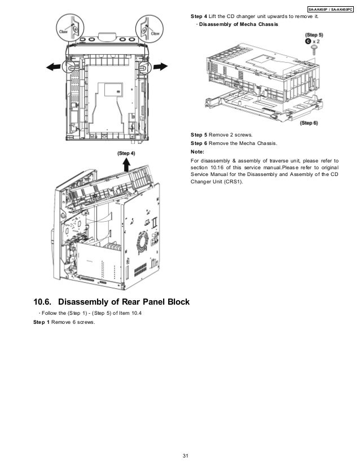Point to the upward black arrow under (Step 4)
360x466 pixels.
coord(126,164)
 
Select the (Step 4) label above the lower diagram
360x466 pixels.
coord(126,153)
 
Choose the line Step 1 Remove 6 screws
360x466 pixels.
coord(65,322)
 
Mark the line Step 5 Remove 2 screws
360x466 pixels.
coord(222,134)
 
